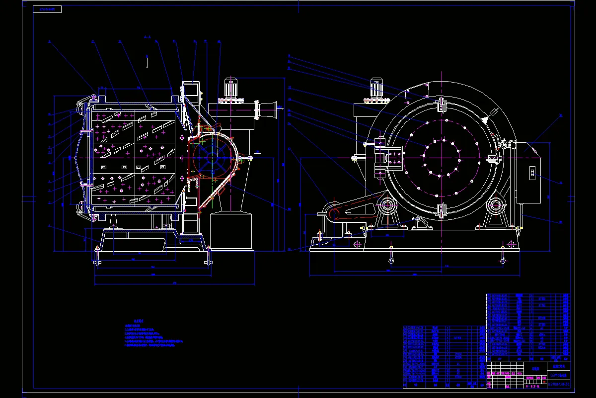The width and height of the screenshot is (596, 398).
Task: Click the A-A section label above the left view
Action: [147, 37]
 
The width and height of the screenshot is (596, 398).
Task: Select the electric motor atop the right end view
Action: [376, 89]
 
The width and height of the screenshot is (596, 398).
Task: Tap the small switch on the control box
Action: [531, 173]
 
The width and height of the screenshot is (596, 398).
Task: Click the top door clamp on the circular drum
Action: [441, 106]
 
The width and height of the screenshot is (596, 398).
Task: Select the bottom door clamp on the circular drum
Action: [441, 210]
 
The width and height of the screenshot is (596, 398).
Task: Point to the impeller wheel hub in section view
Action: [209, 158]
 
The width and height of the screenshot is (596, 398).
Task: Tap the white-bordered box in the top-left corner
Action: [47, 9]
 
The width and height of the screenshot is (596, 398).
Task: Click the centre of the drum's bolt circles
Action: [441, 158]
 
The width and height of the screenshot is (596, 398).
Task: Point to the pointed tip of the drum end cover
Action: [73, 158]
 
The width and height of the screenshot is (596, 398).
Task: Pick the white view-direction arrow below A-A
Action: [147, 62]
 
